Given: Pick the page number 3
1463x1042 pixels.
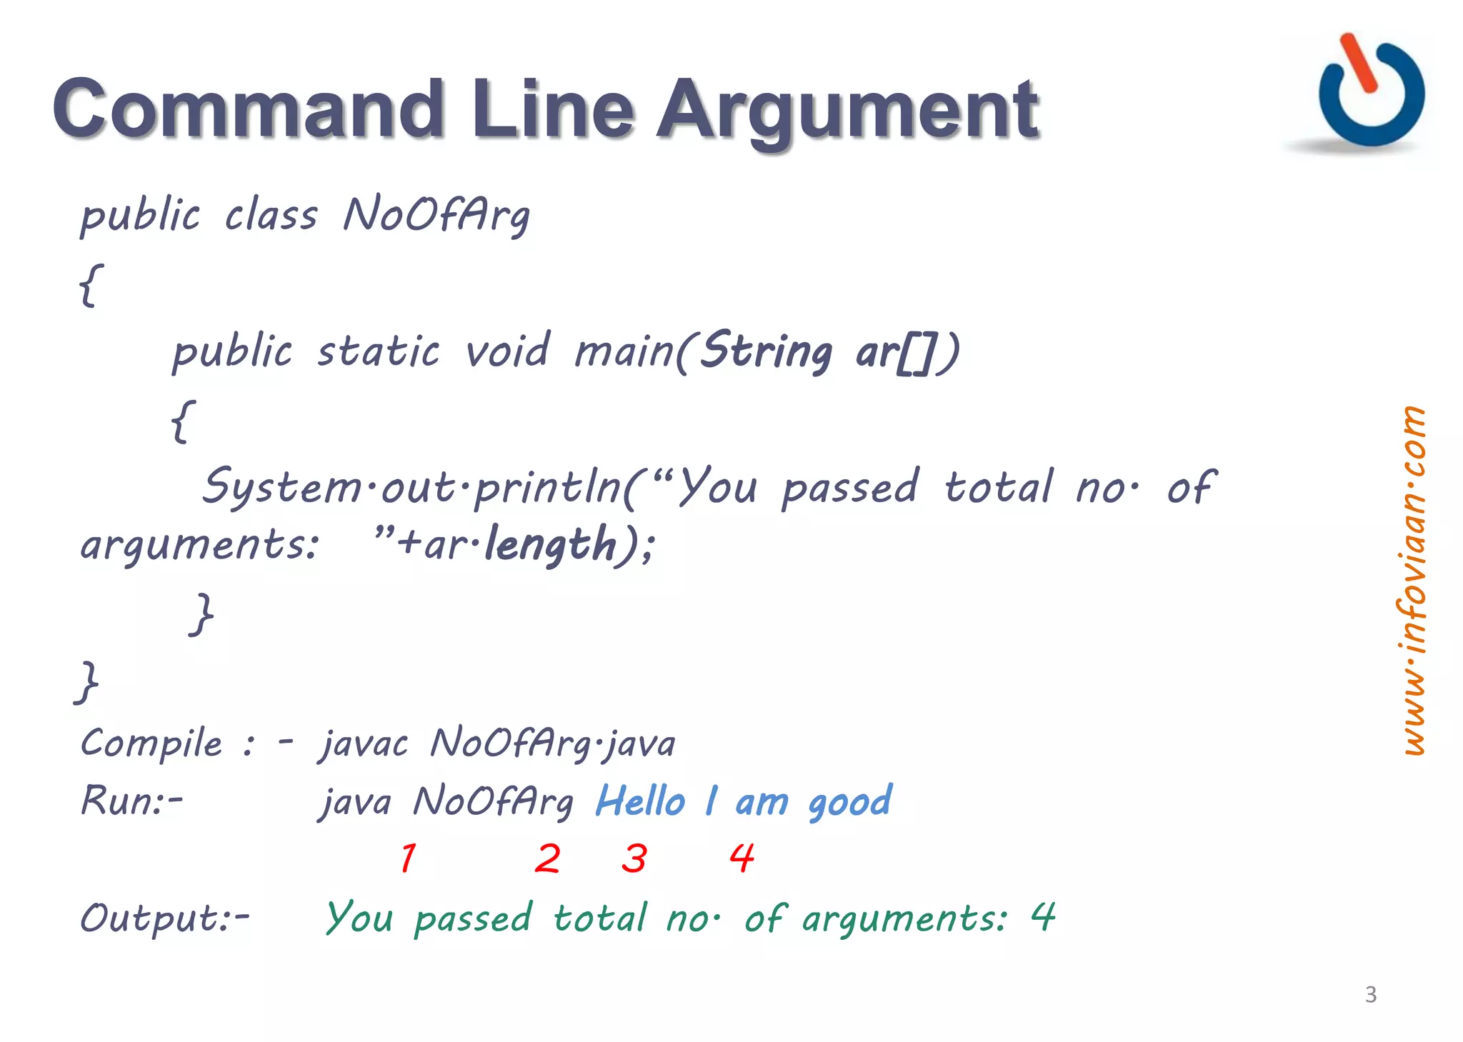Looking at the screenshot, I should click(x=1370, y=994).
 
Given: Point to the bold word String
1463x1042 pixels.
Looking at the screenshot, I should click(x=766, y=351).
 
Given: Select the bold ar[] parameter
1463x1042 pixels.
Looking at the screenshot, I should click(x=896, y=352).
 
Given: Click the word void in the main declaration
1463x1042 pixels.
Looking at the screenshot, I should click(x=506, y=351).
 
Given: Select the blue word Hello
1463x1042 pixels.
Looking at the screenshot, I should click(x=640, y=801).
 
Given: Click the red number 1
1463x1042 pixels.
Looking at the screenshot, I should click(x=408, y=858).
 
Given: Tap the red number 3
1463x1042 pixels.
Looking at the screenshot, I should click(x=634, y=858).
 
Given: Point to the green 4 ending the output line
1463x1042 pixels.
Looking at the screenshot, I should click(x=1042, y=916).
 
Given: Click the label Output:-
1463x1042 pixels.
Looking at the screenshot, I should click(x=165, y=918).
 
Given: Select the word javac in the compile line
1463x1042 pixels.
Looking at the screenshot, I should click(x=363, y=744).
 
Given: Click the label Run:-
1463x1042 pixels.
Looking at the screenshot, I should click(x=131, y=800).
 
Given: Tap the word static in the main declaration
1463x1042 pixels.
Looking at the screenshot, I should click(x=378, y=351).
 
